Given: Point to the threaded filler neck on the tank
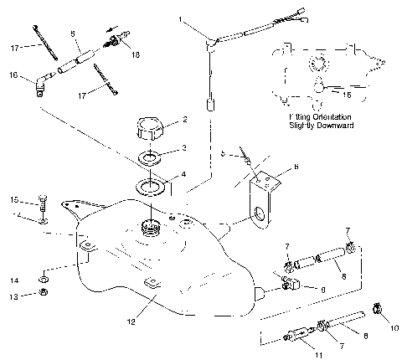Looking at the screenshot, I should (x=152, y=224).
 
